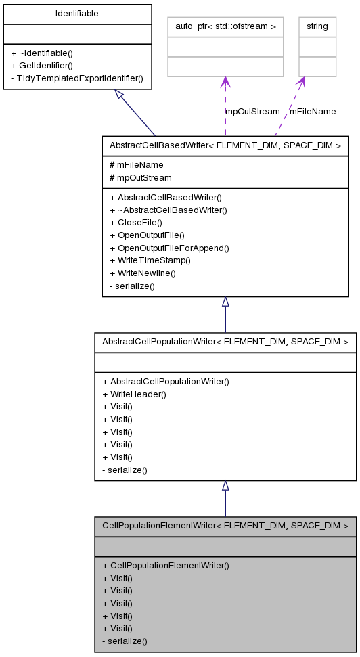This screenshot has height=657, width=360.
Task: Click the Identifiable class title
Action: [x=76, y=14]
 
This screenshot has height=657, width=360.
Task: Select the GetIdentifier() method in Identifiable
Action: [x=41, y=66]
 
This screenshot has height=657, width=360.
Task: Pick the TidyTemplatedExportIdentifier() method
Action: [x=76, y=78]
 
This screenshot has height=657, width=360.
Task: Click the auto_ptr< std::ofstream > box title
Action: [x=225, y=26]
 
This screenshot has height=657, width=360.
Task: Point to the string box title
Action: [x=317, y=26]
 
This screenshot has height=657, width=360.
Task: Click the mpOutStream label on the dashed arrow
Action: [x=252, y=111]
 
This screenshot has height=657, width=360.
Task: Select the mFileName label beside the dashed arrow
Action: [x=313, y=111]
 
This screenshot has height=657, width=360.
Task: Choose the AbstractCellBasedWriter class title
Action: [x=225, y=145]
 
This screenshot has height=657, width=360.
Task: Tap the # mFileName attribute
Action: [x=136, y=164]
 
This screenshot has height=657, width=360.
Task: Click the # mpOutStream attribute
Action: [x=140, y=177]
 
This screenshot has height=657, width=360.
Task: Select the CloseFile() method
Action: [x=135, y=223]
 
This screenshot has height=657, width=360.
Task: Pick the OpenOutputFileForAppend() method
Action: [x=169, y=248]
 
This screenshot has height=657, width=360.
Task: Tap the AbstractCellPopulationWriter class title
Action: [x=225, y=342]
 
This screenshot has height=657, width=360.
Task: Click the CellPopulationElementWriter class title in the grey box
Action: [x=225, y=526]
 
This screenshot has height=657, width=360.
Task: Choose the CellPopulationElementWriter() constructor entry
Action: [x=165, y=565]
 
